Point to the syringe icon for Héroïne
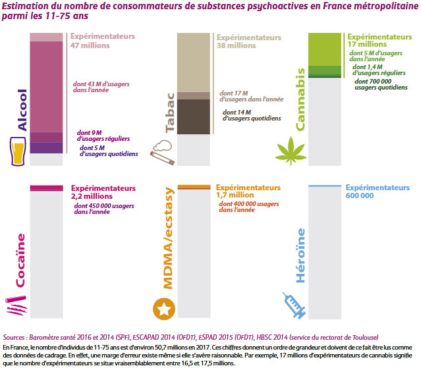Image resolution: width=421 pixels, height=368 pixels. click(x=294, y=304)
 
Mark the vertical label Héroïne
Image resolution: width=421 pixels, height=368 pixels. click(x=300, y=256)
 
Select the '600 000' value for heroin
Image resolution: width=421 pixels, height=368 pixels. click(x=360, y=196)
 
